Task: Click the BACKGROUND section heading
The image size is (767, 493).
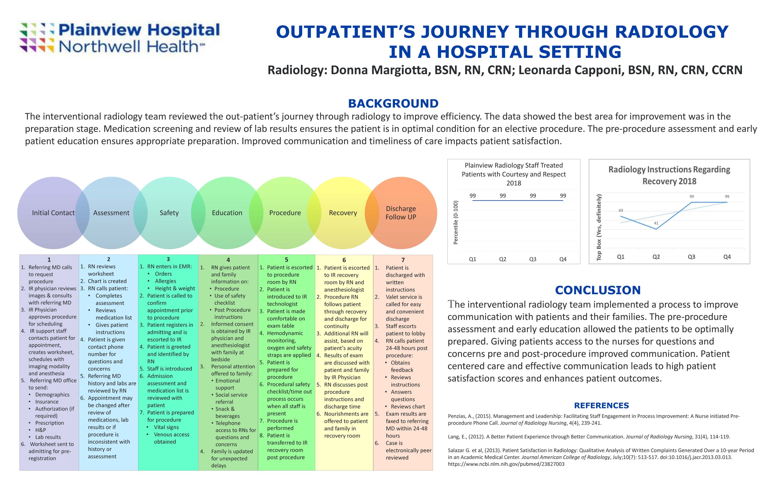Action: coord(393,104)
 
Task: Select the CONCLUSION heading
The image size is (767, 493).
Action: coord(597,290)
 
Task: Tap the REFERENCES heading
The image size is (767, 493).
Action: coord(601,406)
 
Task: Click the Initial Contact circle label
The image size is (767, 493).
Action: coord(53,213)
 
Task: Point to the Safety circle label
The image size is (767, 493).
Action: coord(169,213)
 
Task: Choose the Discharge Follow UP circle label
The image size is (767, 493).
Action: coord(401,213)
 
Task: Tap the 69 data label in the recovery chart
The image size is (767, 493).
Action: coord(621,210)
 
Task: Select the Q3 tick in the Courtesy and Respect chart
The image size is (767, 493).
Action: coord(533,259)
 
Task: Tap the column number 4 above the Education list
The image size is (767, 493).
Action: coord(228,260)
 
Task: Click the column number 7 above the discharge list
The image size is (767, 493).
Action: coord(403,260)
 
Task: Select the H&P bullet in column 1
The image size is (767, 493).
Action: coord(40,430)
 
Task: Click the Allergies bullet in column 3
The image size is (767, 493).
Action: coord(166,281)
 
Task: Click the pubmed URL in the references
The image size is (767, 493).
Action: coord(506,464)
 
